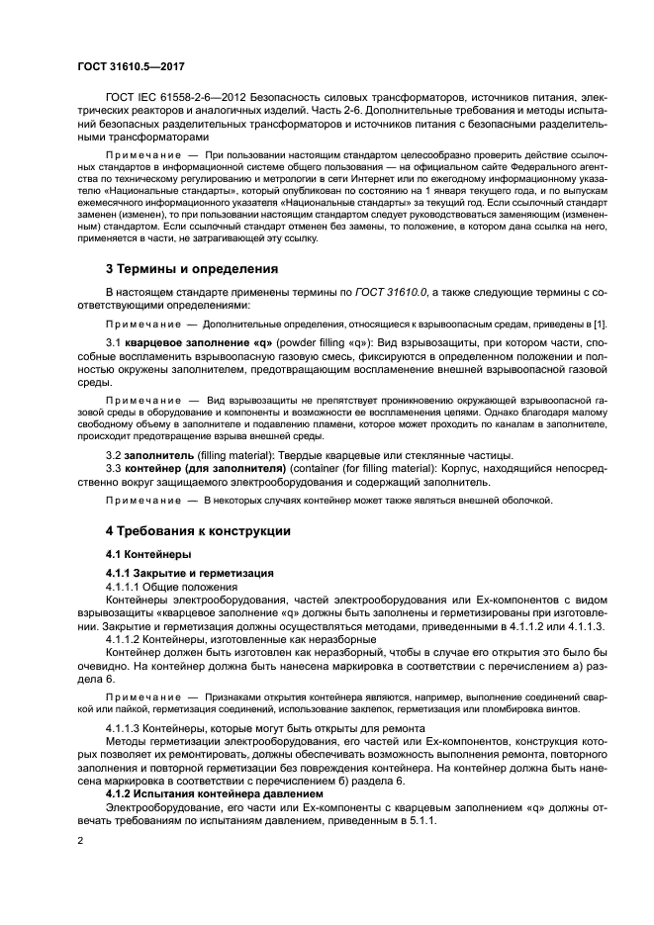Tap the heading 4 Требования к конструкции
point(198,530)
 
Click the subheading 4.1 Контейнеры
point(148,554)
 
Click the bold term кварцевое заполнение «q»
point(187,339)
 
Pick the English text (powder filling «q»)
point(298,339)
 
